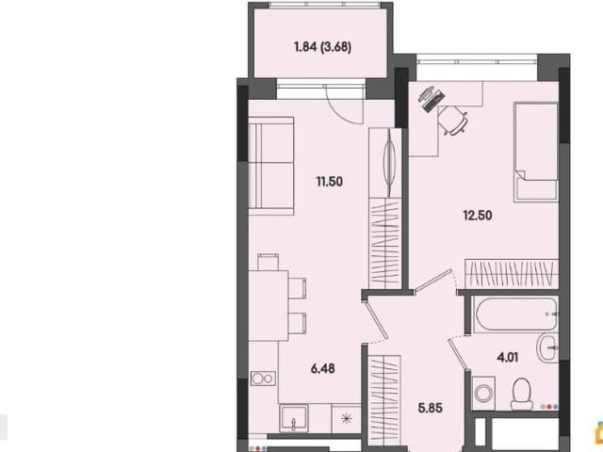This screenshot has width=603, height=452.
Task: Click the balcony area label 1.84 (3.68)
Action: pos(322,47)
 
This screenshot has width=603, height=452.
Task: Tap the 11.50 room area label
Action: pos(330,181)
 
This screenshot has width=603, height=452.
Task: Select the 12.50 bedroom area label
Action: pos(478,216)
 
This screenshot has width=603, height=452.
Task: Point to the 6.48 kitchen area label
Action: pos(322,368)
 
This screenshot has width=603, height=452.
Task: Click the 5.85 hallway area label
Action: pos(431,408)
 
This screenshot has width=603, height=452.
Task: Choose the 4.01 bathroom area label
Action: pos(508,358)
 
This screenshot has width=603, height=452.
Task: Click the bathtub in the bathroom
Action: pos(516,315)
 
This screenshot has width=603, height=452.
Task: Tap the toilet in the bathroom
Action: pos(522,394)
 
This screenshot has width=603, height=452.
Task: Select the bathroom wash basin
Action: pos(547,347)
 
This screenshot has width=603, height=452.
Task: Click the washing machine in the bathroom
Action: pos(483,393)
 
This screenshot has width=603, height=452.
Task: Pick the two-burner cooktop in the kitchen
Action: pos(263,379)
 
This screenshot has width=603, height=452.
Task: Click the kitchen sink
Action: pos(293,418)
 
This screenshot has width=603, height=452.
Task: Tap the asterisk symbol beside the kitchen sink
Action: pos(347,418)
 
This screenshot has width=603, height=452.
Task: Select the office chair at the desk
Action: pos(453,120)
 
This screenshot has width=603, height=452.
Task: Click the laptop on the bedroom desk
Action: pos(432,98)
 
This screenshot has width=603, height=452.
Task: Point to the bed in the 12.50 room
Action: pos(536,152)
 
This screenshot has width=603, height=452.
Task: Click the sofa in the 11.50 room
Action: pos(271,166)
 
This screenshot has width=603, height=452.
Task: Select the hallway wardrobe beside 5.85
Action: pos(384,400)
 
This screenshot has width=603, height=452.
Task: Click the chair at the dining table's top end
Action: pos(268,262)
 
